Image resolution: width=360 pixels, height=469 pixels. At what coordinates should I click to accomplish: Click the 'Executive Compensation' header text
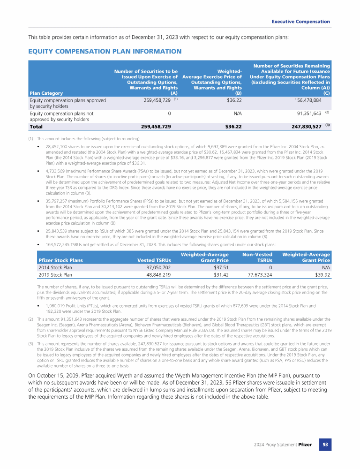301,22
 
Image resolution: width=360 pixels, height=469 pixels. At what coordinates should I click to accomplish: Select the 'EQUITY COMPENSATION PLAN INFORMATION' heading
105,51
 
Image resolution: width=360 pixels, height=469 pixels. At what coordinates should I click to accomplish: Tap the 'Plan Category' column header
46,92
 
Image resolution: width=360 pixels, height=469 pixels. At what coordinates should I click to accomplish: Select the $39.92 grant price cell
320,275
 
